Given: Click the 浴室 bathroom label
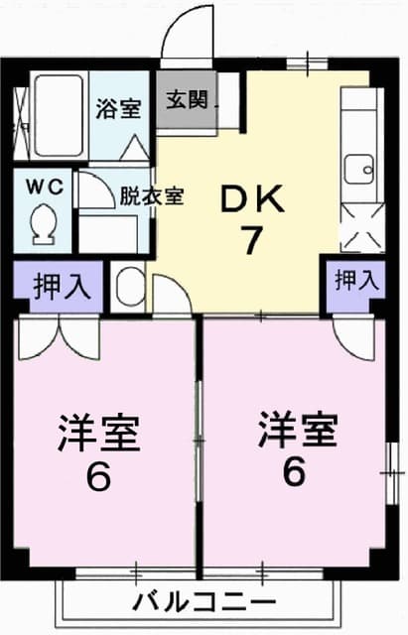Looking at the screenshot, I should tap(118, 110).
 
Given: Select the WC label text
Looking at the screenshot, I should tap(42, 186).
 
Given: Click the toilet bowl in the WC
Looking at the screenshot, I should tap(43, 222).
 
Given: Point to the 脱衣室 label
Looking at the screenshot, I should tap(151, 195).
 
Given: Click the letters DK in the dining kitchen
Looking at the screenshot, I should tap(252, 199).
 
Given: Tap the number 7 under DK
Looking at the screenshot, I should tap(253, 242).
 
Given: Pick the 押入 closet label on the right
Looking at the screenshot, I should tap(356, 281).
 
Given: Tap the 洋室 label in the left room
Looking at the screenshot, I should tap(97, 434).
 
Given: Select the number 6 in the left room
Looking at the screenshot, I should tap(97, 478).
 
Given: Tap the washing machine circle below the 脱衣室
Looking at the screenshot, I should tap(128, 287).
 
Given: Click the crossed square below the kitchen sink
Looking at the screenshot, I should tap(360, 227).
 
